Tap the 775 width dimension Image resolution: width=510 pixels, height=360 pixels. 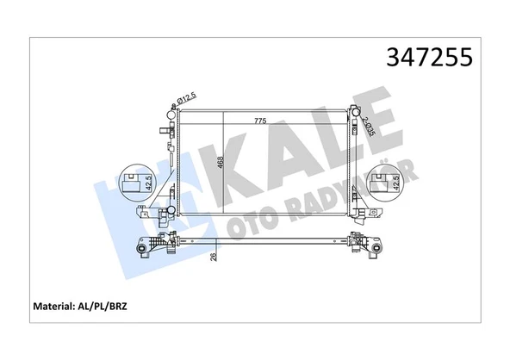(x=260, y=121)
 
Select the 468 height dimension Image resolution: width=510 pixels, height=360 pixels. (x=220, y=163)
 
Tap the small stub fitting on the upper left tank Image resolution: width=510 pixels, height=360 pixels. (x=163, y=131)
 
